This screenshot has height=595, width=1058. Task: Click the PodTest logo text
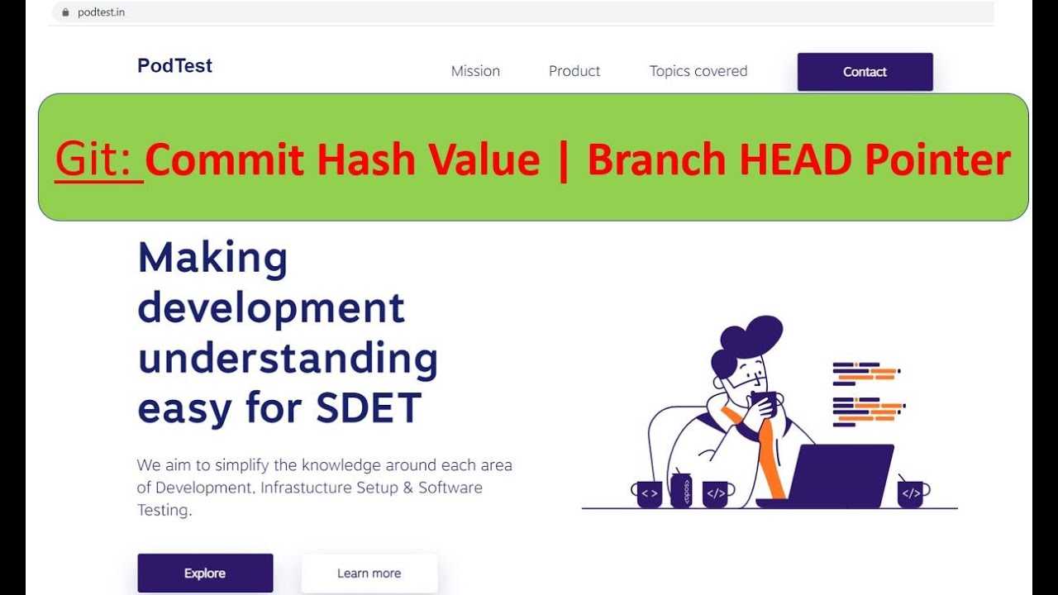click(x=174, y=66)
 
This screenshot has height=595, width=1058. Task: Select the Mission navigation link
click(x=475, y=71)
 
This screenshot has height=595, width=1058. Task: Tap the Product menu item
click(x=574, y=71)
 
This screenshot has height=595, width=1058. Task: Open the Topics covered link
click(x=698, y=71)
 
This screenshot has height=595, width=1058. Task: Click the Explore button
click(x=205, y=573)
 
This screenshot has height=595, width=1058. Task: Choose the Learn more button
click(x=369, y=573)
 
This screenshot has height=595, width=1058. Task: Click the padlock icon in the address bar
click(x=66, y=12)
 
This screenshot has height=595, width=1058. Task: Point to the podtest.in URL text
click(x=101, y=12)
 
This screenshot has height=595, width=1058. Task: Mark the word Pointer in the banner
click(x=937, y=159)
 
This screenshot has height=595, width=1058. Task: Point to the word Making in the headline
click(x=212, y=258)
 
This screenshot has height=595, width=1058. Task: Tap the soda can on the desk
click(x=681, y=490)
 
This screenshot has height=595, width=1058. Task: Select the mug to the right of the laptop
click(x=911, y=493)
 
